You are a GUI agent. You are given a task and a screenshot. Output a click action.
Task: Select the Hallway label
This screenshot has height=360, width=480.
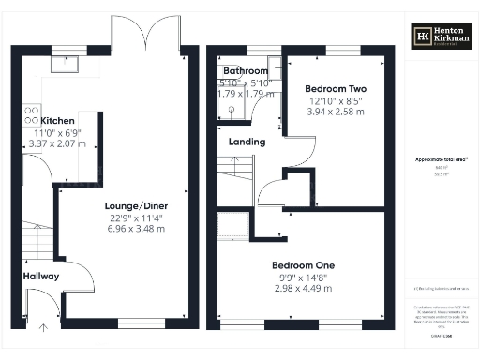point(41,277)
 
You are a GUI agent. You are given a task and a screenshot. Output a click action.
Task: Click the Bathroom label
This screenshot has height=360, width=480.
point(245,71)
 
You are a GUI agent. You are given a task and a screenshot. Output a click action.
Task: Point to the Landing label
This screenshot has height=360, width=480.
point(247,142)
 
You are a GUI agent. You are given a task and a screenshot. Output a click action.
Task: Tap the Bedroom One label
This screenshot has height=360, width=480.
point(303,265)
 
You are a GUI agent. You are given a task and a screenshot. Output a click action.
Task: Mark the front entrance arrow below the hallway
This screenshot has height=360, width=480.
point(42,326)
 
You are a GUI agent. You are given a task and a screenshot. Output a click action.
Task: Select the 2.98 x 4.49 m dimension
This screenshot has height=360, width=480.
point(303,288)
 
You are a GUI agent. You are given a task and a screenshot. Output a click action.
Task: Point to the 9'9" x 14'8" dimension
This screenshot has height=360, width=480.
point(303,277)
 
